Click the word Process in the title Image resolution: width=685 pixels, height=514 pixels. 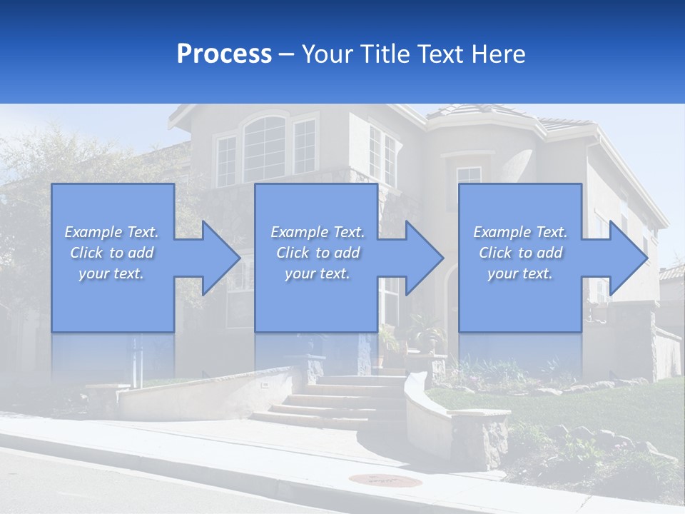tap(224, 54)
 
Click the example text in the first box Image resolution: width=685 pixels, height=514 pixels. tap(111, 253)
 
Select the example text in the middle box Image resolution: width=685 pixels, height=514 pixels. tap(317, 253)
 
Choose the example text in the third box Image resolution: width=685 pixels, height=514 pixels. tap(519, 253)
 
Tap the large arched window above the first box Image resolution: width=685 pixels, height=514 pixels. tap(265, 146)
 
